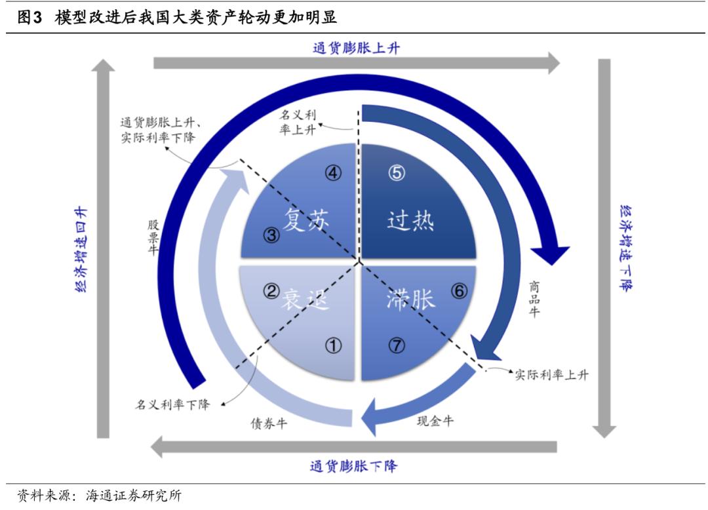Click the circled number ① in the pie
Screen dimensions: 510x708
coord(334,345)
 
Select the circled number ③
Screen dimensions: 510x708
coord(272,235)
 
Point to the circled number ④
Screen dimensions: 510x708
coord(334,173)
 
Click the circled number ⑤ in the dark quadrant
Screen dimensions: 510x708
coord(397,173)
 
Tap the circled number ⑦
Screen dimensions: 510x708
coord(397,345)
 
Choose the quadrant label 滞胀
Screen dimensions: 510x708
coord(410,300)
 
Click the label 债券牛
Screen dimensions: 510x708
coord(269,423)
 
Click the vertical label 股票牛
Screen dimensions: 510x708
coord(153,237)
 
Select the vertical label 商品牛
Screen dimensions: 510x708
coord(534,299)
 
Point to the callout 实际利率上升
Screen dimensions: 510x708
coord(551,375)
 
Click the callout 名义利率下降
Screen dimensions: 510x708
coord(172,404)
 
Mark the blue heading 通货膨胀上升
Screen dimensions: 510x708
coord(357,47)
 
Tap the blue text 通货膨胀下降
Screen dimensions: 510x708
coord(353,467)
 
